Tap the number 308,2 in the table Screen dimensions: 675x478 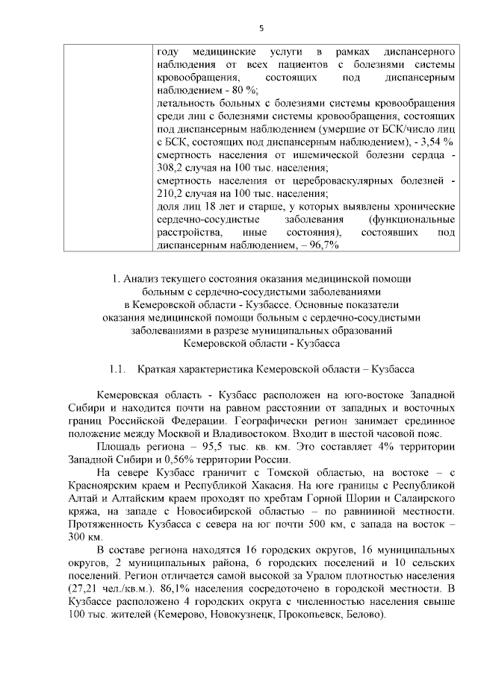point(173,167)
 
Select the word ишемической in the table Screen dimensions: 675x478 point(318,154)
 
